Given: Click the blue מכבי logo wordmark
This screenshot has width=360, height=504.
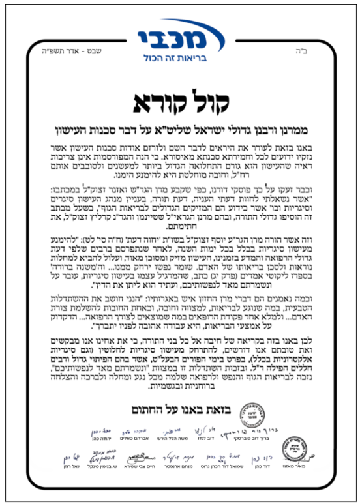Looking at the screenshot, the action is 179,31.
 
